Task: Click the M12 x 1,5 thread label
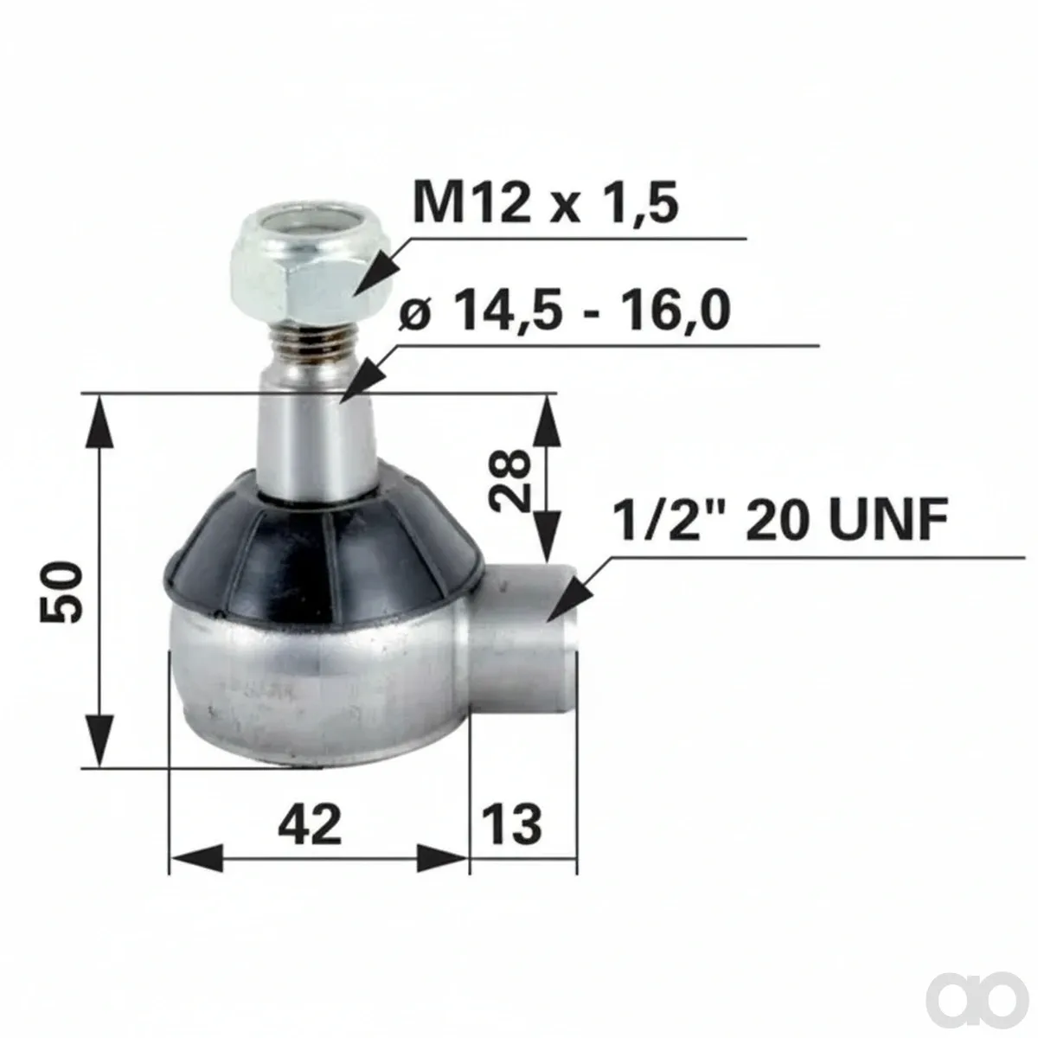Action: click(x=545, y=203)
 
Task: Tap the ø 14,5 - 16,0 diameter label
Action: click(x=565, y=311)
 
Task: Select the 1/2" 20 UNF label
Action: click(x=780, y=519)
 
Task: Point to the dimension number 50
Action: click(x=61, y=592)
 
